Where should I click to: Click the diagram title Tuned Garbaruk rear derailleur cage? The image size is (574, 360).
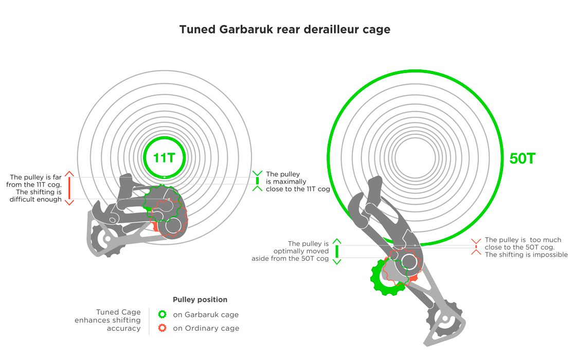[x=284, y=29]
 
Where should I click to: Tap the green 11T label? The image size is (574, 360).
[x=164, y=157]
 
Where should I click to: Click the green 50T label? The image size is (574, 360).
[x=523, y=158]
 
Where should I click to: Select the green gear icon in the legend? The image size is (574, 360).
[x=163, y=314]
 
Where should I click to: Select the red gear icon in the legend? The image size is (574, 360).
[x=163, y=328]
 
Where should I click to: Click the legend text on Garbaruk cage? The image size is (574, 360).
[x=206, y=314]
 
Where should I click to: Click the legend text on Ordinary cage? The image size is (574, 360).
[x=206, y=328]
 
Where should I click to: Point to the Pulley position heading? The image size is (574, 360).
[x=200, y=300]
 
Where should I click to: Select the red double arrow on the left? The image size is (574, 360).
[x=69, y=188]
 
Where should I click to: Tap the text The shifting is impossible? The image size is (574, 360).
[x=526, y=255]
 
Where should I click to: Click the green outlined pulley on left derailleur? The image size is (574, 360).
[x=162, y=202]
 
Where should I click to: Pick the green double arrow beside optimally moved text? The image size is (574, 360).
[x=337, y=251]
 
